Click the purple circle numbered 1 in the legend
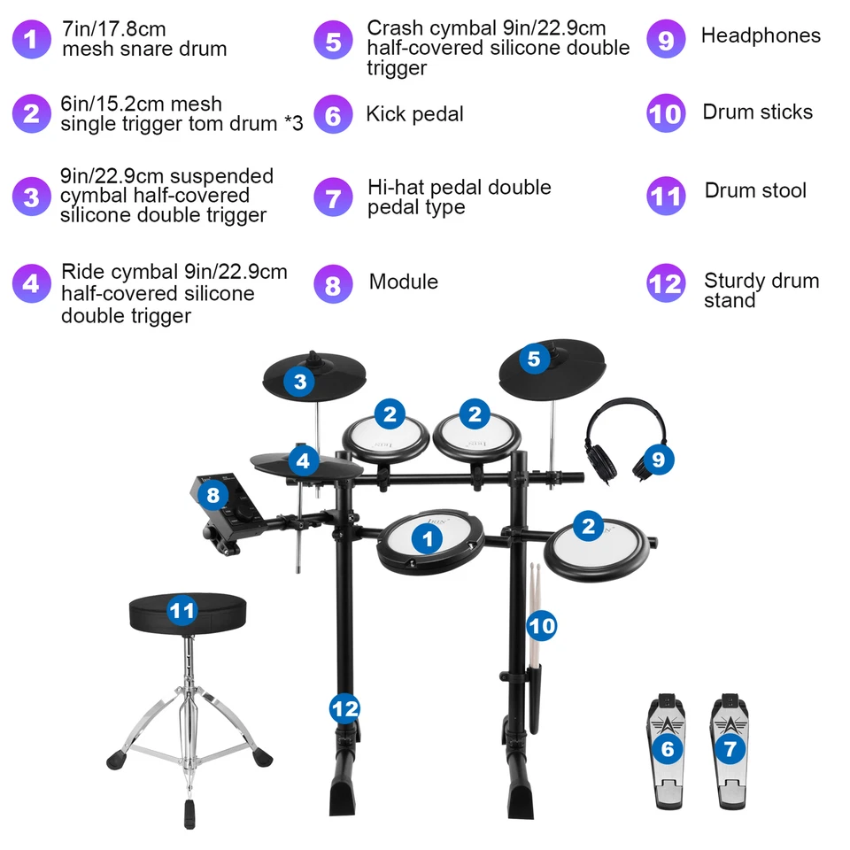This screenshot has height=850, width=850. click(x=32, y=40)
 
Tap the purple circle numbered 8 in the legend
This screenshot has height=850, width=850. click(x=333, y=283)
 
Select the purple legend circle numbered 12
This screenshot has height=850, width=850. click(x=666, y=283)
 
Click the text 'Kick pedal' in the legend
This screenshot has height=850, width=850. click(x=414, y=114)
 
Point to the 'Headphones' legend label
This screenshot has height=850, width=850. click(x=761, y=36)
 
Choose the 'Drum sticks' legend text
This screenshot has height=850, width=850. click(x=757, y=112)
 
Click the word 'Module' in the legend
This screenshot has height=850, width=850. click(x=404, y=282)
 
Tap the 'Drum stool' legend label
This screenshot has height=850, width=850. click(x=755, y=190)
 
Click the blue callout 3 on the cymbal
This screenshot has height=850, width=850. click(x=301, y=382)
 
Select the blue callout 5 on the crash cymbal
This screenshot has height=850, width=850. click(x=533, y=359)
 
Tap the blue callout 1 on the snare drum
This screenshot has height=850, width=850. click(x=428, y=537)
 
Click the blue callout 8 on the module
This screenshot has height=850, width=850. click(x=213, y=495)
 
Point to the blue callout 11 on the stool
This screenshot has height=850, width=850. click(x=182, y=611)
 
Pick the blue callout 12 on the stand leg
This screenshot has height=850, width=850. click(x=345, y=707)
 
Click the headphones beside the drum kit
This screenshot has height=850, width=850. click(x=620, y=438)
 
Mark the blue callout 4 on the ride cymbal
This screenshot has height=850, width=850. click(x=304, y=461)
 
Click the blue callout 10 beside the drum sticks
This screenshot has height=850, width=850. click(x=542, y=626)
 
